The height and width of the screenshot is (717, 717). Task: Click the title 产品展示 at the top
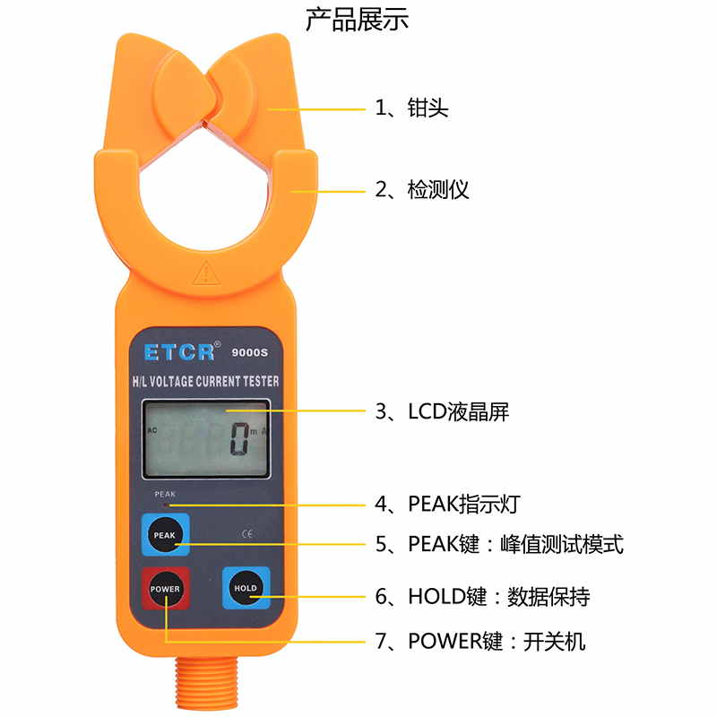(x=357, y=19)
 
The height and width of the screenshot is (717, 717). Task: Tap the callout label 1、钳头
(x=411, y=108)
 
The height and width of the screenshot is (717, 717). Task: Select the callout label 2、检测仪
(x=421, y=189)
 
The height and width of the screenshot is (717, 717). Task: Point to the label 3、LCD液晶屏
(x=442, y=411)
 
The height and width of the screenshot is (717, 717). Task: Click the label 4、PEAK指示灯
(x=447, y=504)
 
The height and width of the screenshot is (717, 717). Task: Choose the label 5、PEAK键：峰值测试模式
(x=499, y=544)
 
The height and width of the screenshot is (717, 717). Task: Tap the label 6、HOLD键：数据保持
(x=482, y=596)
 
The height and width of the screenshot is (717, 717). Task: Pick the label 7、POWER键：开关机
(x=480, y=641)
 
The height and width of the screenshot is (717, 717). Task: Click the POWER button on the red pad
(x=165, y=589)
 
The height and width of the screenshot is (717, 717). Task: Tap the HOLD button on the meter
(x=246, y=588)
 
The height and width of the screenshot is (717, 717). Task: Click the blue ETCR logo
(x=180, y=352)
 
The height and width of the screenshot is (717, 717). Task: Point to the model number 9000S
(x=250, y=352)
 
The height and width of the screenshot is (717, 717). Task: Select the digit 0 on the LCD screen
(x=239, y=439)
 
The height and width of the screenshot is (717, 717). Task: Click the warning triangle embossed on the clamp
(x=207, y=272)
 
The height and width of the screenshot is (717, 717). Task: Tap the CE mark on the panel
(x=247, y=533)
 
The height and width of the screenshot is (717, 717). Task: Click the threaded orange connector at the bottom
(x=207, y=683)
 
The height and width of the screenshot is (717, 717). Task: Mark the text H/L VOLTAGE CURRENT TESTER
(x=206, y=382)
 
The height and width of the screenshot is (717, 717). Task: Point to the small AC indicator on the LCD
(x=152, y=430)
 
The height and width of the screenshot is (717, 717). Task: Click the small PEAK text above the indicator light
(x=165, y=495)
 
